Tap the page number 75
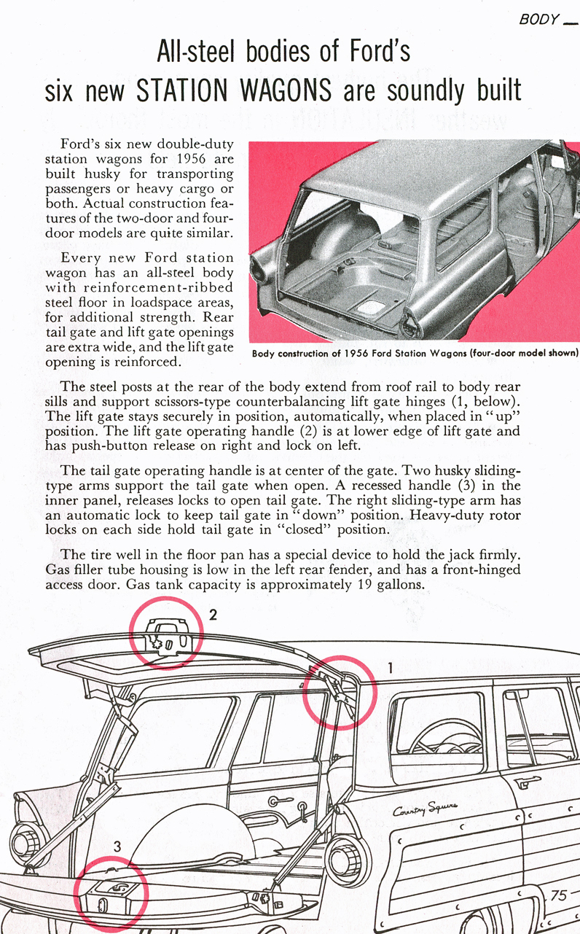click(558, 895)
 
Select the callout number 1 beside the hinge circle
click(390, 667)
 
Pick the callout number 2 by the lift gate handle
click(212, 615)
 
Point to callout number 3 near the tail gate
click(118, 847)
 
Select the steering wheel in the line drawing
click(437, 740)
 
